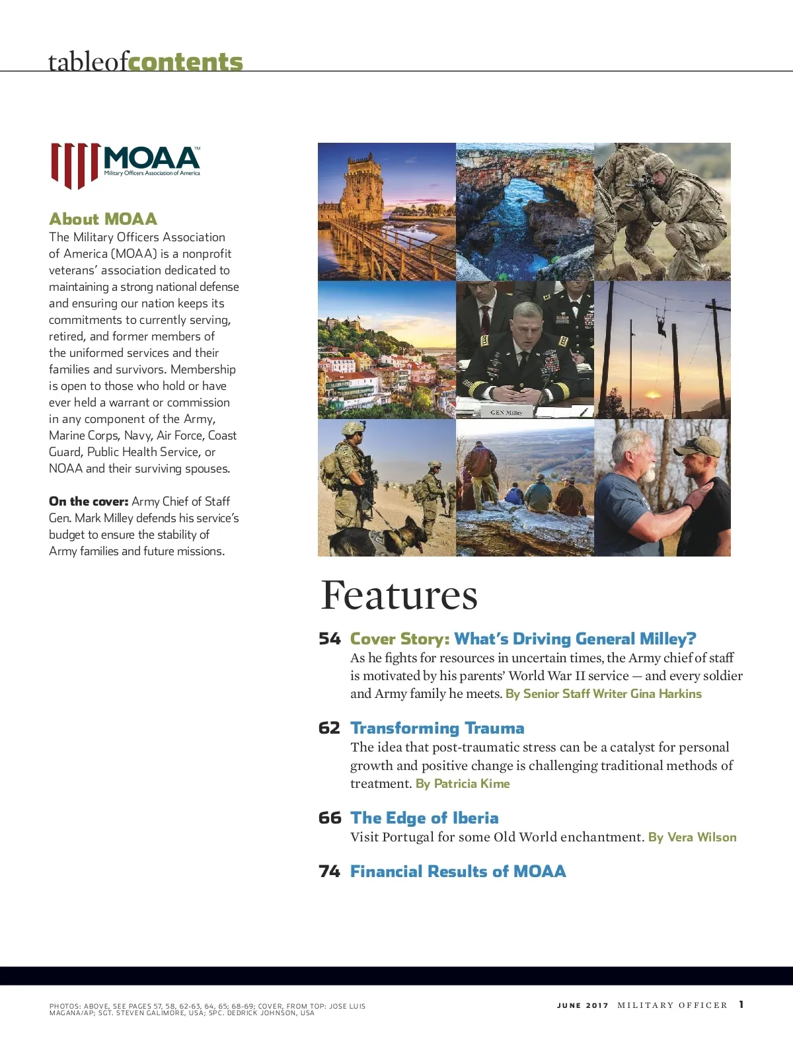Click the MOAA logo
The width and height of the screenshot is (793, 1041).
click(x=126, y=165)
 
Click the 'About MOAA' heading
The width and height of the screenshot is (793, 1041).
click(x=103, y=219)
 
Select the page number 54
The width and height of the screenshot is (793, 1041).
click(x=329, y=638)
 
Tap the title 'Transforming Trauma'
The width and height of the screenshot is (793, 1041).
click(x=437, y=728)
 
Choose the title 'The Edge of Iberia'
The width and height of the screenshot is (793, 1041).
click(x=424, y=818)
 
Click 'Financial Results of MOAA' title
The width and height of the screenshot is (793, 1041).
click(x=458, y=872)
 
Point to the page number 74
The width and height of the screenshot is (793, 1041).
click(x=329, y=872)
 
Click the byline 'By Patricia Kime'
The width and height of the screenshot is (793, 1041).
click(x=463, y=784)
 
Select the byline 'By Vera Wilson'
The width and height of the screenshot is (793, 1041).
click(x=692, y=837)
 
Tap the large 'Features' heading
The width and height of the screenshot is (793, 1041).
click(x=398, y=595)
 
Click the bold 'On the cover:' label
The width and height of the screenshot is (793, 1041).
click(x=89, y=502)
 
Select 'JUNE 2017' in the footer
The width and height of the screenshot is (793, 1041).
click(x=582, y=1005)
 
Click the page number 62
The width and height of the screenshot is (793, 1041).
click(x=329, y=728)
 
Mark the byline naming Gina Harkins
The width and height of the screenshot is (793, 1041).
click(x=603, y=694)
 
